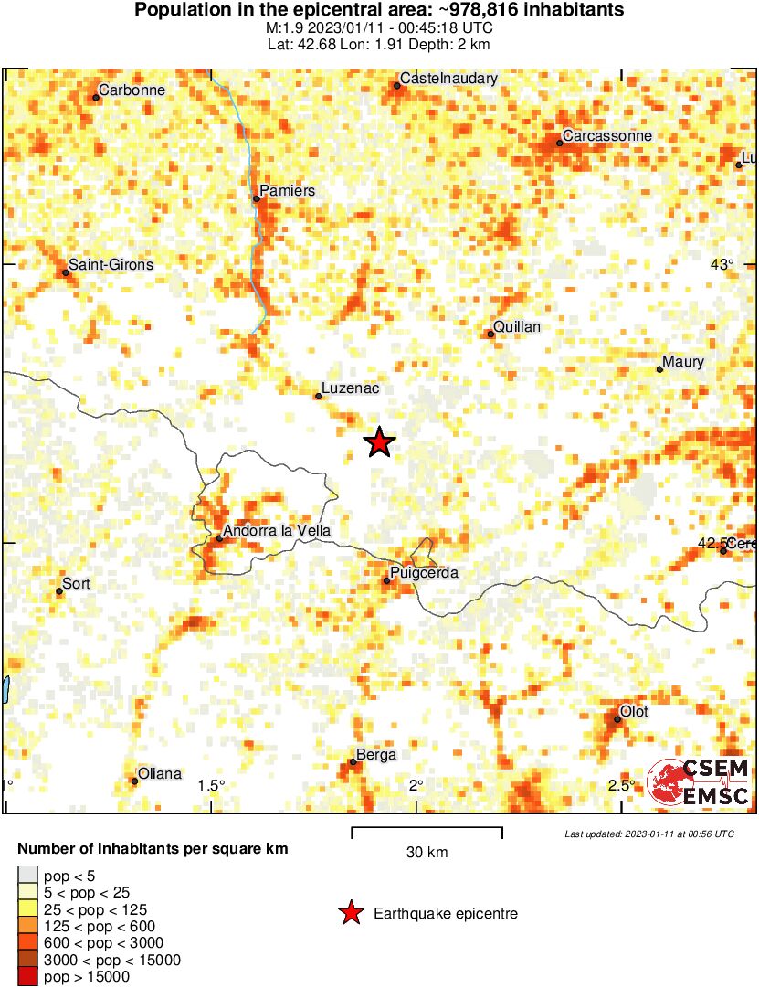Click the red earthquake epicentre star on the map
coord(380,442)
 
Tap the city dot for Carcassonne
coord(559,143)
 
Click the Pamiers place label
coord(287,191)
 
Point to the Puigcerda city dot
coord(387,580)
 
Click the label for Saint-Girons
coord(111,265)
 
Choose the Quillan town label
coord(517,326)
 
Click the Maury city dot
coord(659,369)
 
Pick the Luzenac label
coord(350,388)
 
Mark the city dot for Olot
coord(617,719)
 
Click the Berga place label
coord(376,755)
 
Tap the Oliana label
coord(160,773)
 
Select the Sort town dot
coord(59,591)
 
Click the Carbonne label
coord(132,90)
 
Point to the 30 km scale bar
coord(427,831)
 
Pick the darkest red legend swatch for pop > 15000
coord(28,976)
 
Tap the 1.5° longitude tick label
coord(211,786)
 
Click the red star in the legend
coord(350,913)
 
